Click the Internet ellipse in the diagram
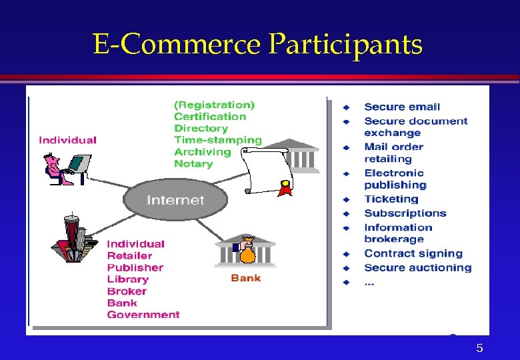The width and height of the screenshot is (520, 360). tap(175, 200)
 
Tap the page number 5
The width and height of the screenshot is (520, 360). tap(479, 348)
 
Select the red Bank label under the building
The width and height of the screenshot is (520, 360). tap(245, 278)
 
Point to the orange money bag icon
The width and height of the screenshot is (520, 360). tap(247, 252)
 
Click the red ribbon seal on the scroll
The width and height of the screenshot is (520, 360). tap(285, 189)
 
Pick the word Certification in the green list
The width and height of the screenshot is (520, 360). tap(210, 117)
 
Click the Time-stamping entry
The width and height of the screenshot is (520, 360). tap(218, 140)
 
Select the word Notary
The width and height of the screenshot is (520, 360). tap(193, 164)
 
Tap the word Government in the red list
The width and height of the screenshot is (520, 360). tap(143, 315)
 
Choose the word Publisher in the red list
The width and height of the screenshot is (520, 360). tap(135, 267)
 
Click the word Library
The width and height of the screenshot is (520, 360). tap(128, 279)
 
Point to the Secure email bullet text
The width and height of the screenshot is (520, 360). tap(402, 107)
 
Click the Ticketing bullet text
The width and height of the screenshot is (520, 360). tap(391, 199)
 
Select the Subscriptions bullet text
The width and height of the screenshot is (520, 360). tap(405, 213)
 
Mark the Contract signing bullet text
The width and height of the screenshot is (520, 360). tap(413, 253)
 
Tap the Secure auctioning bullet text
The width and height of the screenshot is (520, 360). tap(418, 268)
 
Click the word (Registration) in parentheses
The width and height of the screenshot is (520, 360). tap(215, 105)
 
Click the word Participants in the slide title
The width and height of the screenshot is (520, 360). tap(345, 45)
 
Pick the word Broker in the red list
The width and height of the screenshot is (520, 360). tap(127, 291)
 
